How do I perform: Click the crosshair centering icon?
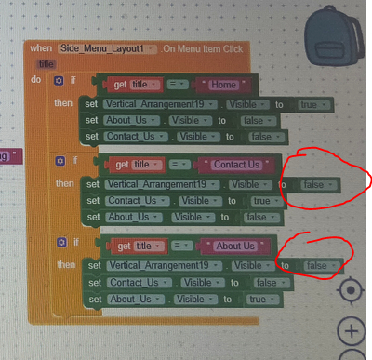[351, 290]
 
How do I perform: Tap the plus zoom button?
[351, 330]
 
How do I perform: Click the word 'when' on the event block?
[41, 47]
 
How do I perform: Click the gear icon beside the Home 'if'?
[60, 82]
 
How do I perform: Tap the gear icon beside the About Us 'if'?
[60, 244]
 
